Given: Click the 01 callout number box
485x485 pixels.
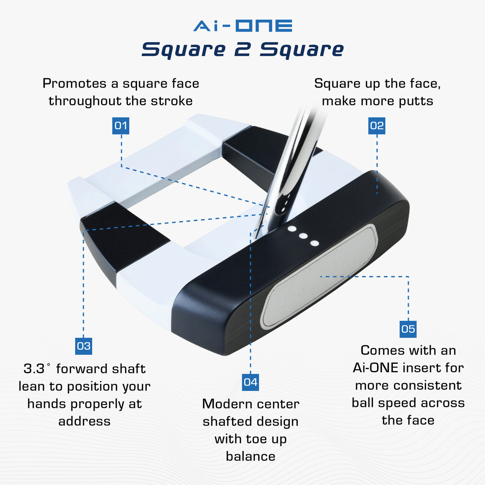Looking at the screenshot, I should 120,126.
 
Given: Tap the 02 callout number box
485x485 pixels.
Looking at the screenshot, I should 377,126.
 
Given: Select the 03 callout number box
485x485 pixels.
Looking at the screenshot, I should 84,346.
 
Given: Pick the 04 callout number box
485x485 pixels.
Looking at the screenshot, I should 250,382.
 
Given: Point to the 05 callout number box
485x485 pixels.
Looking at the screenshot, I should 408,329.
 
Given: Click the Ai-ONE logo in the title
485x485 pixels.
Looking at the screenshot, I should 242,26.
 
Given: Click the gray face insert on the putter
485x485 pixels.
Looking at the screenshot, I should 319,277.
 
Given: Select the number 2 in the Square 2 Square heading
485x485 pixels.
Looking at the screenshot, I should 242,50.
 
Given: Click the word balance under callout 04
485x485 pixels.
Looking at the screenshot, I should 250,456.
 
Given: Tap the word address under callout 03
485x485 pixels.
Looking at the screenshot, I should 84,421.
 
